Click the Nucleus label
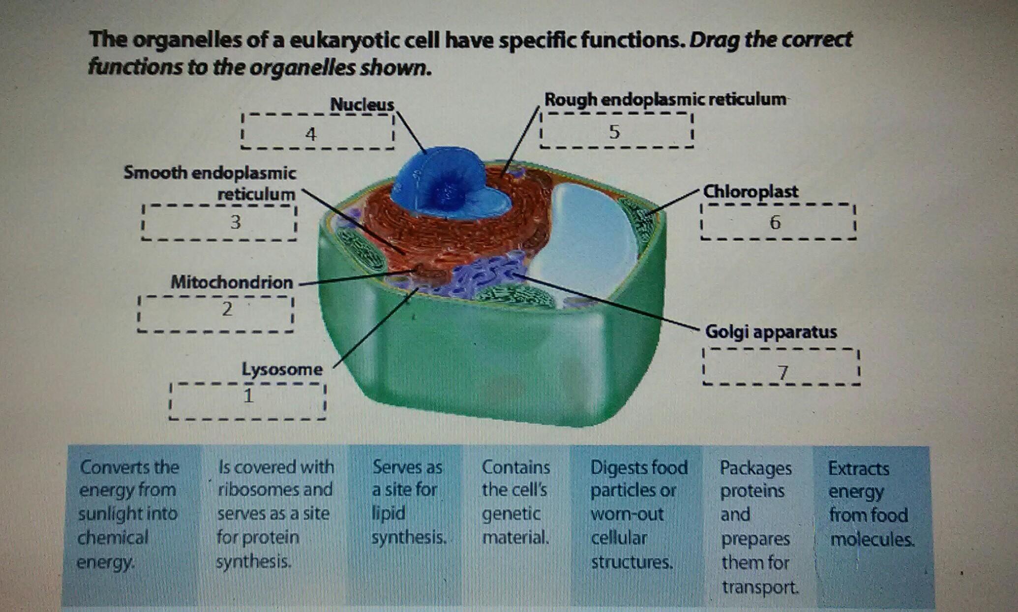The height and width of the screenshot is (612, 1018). (362, 104)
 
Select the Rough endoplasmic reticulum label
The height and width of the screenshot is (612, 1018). (665, 99)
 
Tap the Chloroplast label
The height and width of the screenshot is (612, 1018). (750, 191)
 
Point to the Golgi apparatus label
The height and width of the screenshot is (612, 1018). (771, 332)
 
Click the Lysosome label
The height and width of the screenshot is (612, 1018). (282, 369)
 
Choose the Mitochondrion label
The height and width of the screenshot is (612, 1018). (232, 282)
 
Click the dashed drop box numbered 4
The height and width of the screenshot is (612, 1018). (317, 132)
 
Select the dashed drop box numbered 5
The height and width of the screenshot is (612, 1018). (616, 131)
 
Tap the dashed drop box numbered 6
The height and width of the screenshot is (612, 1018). (778, 222)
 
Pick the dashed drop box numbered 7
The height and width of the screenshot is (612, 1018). (781, 367)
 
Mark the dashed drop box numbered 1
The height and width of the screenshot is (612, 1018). (247, 401)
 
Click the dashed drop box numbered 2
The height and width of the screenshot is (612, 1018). (215, 313)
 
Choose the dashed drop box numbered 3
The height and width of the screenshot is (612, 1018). (219, 223)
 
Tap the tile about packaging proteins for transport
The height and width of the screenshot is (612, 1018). (757, 526)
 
